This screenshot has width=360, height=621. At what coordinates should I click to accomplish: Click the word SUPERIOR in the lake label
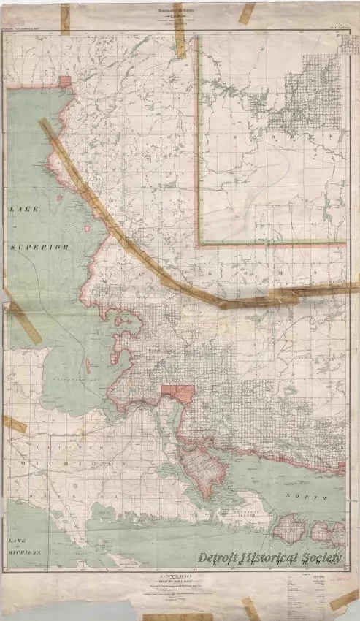40,248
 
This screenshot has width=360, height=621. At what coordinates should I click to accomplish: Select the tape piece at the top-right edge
248,12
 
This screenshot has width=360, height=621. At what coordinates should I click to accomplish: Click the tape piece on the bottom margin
249,607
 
